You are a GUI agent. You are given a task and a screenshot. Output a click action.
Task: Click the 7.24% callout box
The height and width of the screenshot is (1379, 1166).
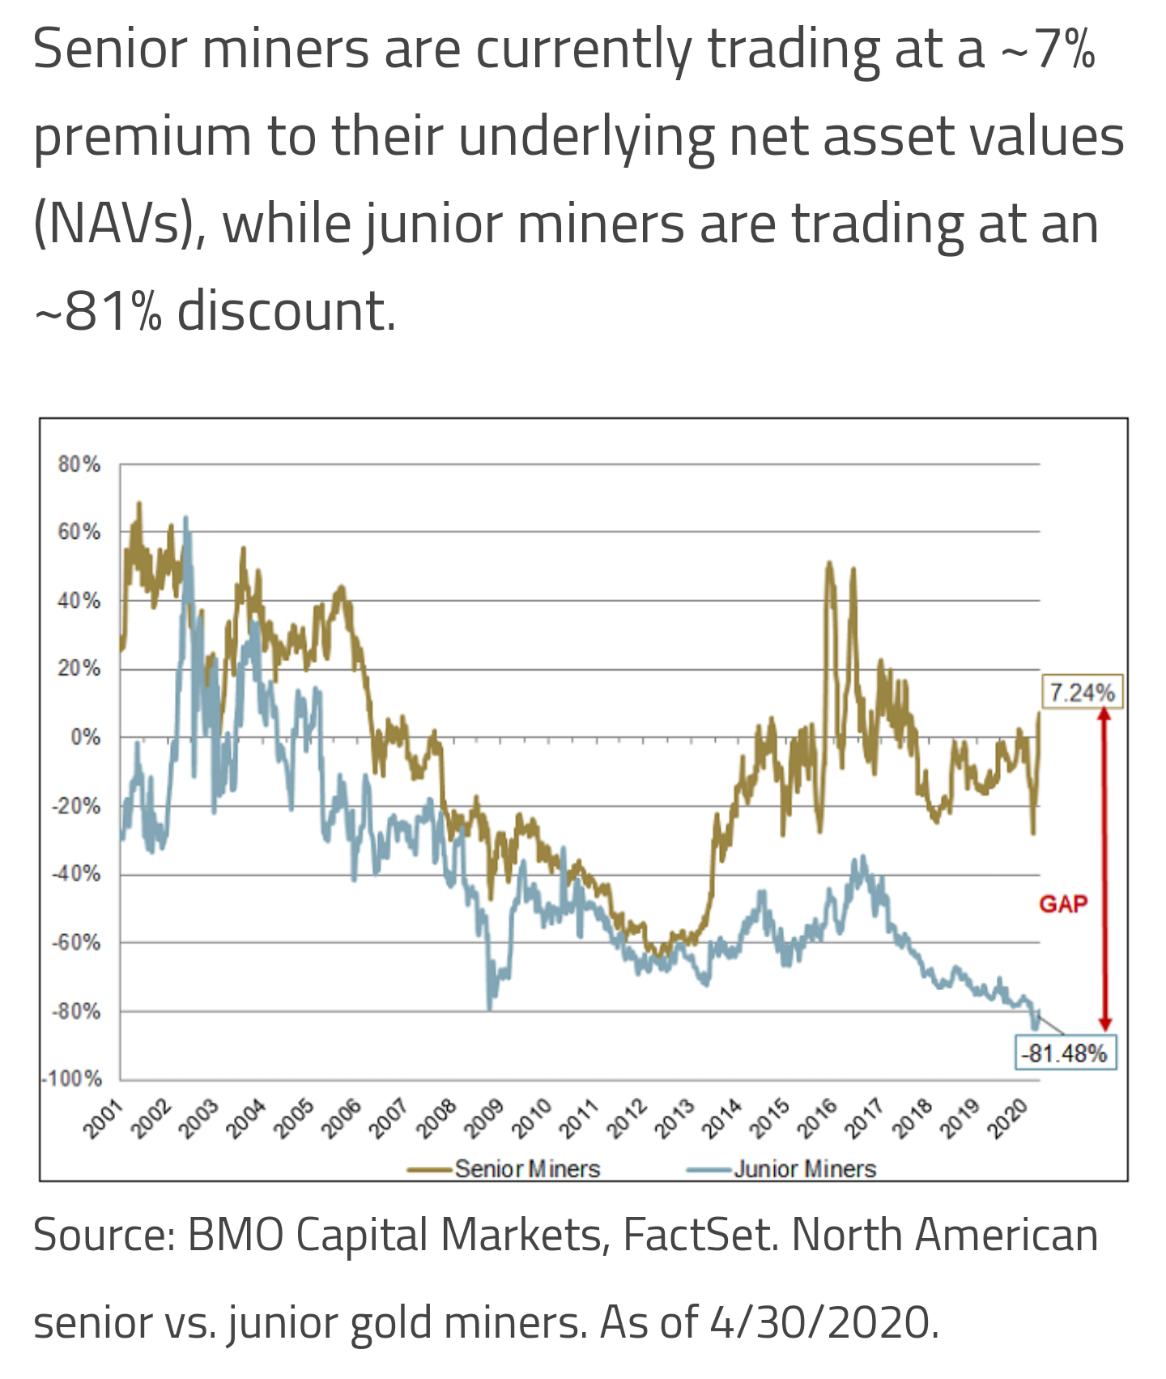click(x=1082, y=693)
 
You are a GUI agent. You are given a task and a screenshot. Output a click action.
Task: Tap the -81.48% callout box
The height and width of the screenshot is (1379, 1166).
click(x=1065, y=1053)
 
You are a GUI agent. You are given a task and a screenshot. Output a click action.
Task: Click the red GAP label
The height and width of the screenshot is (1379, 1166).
click(x=1063, y=904)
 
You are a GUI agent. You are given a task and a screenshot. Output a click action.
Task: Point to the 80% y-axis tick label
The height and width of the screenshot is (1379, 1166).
click(x=79, y=464)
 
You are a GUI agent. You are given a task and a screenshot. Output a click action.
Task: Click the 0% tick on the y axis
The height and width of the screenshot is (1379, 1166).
click(x=85, y=737)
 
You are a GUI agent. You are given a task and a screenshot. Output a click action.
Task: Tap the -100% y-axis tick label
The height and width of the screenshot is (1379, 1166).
click(x=73, y=1079)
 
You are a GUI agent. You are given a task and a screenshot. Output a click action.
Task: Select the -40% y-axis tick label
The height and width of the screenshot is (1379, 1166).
click(x=77, y=874)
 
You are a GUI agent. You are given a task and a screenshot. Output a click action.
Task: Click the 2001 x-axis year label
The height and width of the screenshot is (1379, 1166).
click(x=104, y=1119)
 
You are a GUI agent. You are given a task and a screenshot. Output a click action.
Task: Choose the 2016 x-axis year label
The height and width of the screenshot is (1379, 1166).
click(x=817, y=1119)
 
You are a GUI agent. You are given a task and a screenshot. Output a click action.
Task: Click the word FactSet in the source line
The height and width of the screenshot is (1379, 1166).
click(x=700, y=1236)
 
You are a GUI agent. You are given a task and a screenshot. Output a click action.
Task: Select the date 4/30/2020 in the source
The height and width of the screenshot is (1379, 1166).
click(x=823, y=1322)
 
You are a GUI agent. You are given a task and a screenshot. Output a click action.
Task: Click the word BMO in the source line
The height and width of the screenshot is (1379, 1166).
click(x=235, y=1236)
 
